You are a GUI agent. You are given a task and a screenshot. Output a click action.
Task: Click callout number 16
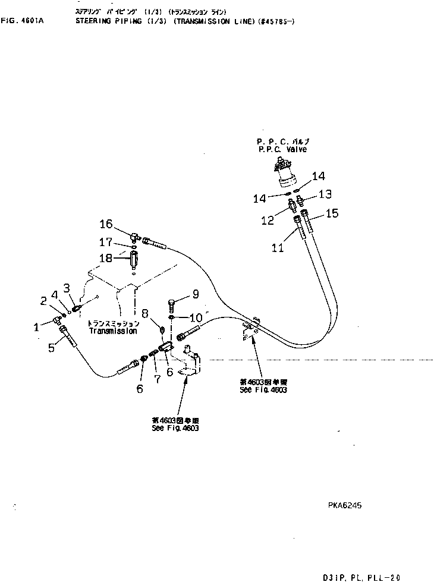pyautogui.click(x=105, y=224)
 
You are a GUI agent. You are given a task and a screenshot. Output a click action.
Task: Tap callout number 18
pyautogui.click(x=105, y=257)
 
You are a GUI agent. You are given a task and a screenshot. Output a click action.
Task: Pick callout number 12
pyautogui.click(x=267, y=221)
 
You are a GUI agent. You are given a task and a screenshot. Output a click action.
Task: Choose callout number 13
pyautogui.click(x=324, y=194)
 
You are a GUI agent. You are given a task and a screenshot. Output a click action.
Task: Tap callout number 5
pyautogui.click(x=51, y=348)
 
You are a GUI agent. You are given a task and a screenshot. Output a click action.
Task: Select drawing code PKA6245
pyautogui.click(x=344, y=506)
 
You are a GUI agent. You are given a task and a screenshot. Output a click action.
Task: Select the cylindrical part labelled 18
pyautogui.click(x=134, y=259)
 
